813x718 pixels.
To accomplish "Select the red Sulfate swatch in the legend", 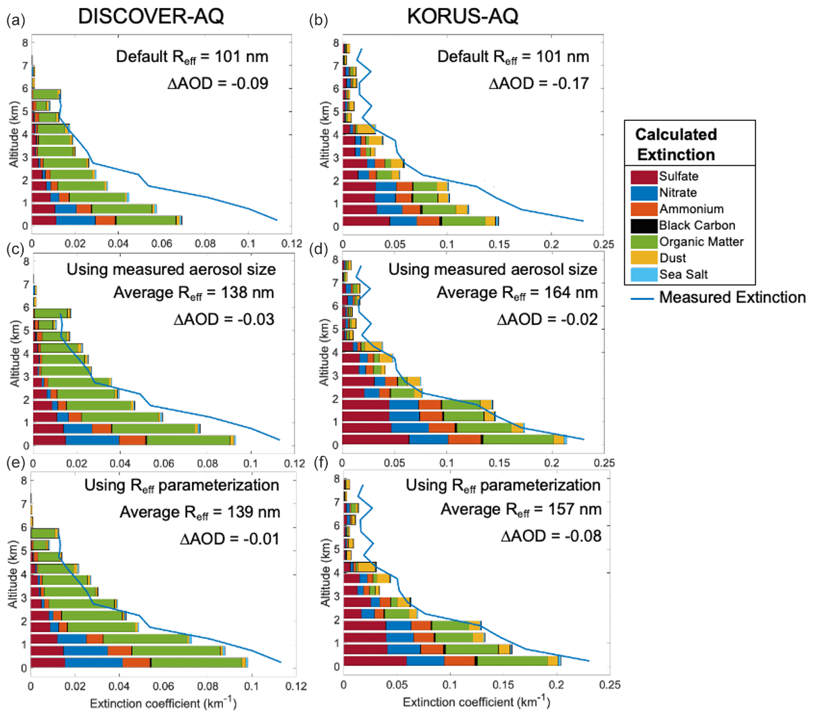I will coord(644,177).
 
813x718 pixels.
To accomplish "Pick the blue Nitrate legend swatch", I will coord(644,193).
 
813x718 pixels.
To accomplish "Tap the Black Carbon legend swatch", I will coord(644,226).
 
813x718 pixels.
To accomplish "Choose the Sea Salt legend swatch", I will coord(644,274).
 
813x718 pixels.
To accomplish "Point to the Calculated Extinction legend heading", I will coord(676,145).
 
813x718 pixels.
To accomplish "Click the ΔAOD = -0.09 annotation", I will coord(218,84).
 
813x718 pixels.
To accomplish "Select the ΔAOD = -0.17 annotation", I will coord(539,84).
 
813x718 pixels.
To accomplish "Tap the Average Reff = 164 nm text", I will coord(517,293).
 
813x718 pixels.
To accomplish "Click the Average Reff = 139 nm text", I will coord(199,513).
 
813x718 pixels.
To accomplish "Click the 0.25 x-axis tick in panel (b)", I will coord(603,244).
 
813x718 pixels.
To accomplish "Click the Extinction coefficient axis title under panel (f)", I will coord(476,702).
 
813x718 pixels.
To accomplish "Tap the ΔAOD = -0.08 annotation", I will coord(551,536).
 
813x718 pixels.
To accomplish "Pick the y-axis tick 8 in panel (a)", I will coord(24,43).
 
